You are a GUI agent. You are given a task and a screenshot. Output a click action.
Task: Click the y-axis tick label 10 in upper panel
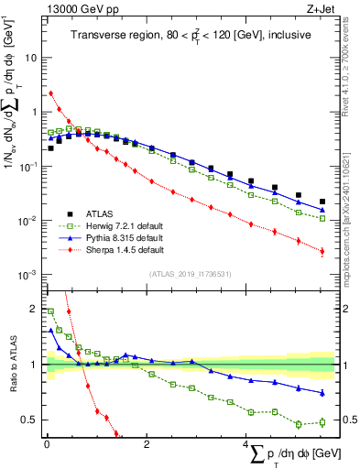(x=30, y=57)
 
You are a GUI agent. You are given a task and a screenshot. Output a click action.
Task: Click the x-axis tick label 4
(x=245, y=444)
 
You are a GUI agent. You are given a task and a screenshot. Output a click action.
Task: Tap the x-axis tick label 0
(x=46, y=444)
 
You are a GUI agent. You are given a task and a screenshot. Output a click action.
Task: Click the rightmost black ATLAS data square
(x=322, y=202)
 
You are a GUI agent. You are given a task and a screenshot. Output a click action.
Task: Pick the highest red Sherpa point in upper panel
(x=51, y=93)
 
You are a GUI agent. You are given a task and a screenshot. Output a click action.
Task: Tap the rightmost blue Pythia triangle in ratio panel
(x=322, y=393)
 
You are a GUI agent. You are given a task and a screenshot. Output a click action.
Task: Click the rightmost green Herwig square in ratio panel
(x=322, y=421)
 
